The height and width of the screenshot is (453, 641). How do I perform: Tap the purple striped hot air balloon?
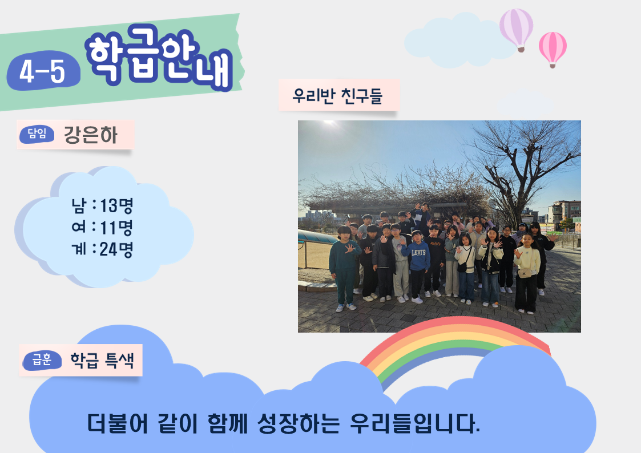click(517, 30)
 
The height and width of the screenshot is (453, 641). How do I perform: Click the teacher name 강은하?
click(91, 135)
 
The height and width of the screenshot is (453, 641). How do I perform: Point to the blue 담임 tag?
click(37, 134)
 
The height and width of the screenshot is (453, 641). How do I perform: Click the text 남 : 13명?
click(102, 205)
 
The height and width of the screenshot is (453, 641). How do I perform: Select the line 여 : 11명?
click(102, 227)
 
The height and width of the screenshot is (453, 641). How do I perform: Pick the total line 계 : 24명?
click(102, 249)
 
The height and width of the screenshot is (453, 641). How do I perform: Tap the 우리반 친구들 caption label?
click(338, 96)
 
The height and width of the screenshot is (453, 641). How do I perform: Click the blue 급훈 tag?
click(42, 360)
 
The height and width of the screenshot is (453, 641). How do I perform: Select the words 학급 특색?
click(102, 360)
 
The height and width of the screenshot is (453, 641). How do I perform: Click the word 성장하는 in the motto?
click(299, 423)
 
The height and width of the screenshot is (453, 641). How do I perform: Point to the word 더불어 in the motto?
click(118, 423)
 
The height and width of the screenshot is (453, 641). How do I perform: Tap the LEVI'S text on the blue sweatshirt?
click(418, 252)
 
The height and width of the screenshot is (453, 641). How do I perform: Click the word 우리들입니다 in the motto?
click(415, 423)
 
